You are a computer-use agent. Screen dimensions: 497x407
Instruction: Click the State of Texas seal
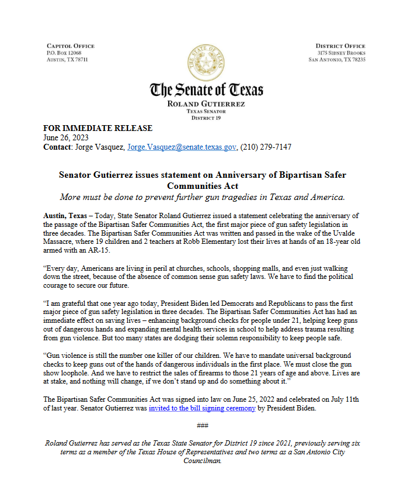[204, 60]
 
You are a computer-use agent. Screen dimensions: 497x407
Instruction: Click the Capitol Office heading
[69, 46]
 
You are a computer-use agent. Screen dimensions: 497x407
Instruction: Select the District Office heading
[340, 46]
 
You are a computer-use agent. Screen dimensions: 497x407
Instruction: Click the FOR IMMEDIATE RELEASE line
[98, 128]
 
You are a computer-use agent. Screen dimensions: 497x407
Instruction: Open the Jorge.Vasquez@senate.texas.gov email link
[182, 147]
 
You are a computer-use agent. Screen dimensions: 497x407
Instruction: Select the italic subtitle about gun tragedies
[203, 196]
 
